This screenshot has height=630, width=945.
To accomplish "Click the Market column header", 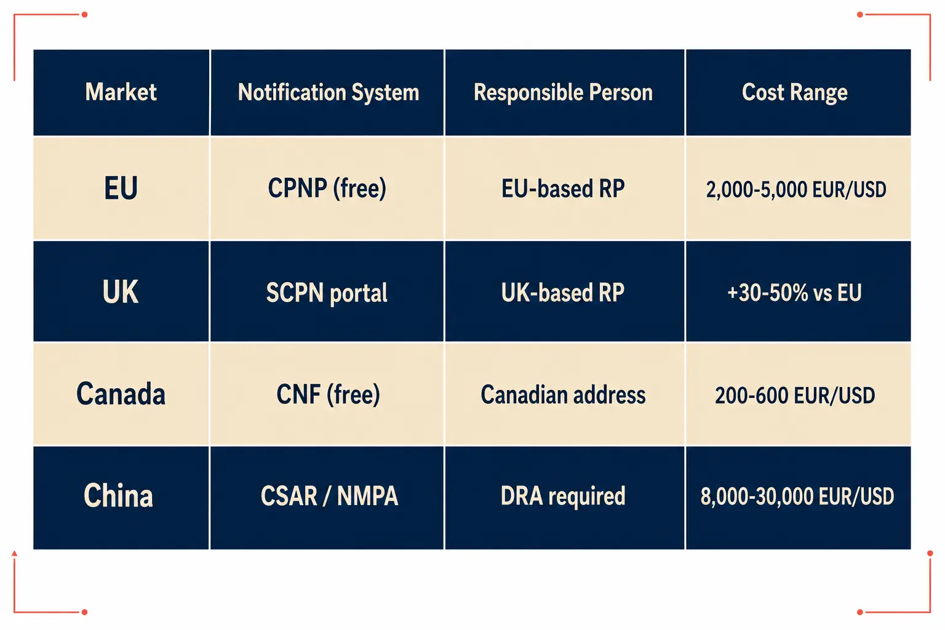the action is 121,92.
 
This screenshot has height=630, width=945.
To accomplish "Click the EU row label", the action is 121,188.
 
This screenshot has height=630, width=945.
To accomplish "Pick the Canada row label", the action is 121,394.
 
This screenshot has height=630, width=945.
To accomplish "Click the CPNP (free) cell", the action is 327,188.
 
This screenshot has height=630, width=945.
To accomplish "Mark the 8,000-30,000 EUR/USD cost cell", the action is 797,496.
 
